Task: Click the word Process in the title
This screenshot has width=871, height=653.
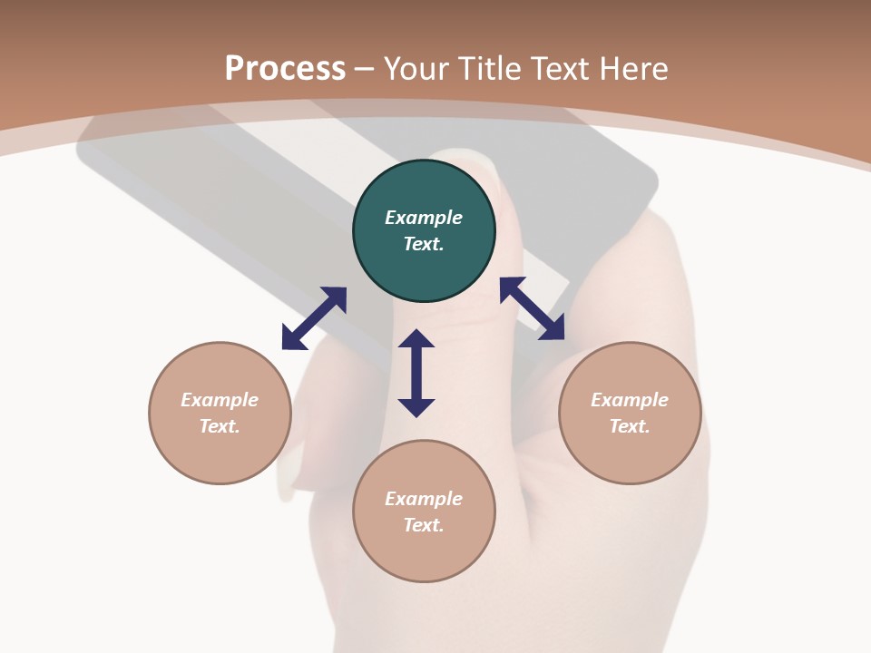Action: (x=285, y=69)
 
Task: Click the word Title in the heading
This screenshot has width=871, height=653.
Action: (x=491, y=69)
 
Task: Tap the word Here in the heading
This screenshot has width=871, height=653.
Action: (x=633, y=69)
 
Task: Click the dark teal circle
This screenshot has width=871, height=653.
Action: (x=424, y=230)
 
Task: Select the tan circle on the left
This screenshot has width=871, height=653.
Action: (x=220, y=413)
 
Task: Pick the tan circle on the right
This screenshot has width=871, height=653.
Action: (x=630, y=413)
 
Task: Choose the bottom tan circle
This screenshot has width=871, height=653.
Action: (x=424, y=511)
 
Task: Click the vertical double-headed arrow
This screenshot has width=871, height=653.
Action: (x=416, y=373)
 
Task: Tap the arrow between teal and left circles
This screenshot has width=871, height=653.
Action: (x=315, y=318)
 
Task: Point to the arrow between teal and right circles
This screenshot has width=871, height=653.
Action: (x=533, y=308)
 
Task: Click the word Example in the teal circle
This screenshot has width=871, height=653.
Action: (x=424, y=217)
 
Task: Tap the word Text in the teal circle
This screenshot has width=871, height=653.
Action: (x=424, y=244)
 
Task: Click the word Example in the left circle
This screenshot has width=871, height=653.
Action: (x=220, y=399)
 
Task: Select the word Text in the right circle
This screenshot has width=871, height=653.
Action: (x=630, y=426)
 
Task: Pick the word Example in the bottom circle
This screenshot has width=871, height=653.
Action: (x=424, y=498)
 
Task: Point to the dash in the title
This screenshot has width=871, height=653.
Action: (x=364, y=71)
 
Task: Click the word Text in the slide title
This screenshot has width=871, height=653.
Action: (x=561, y=69)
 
